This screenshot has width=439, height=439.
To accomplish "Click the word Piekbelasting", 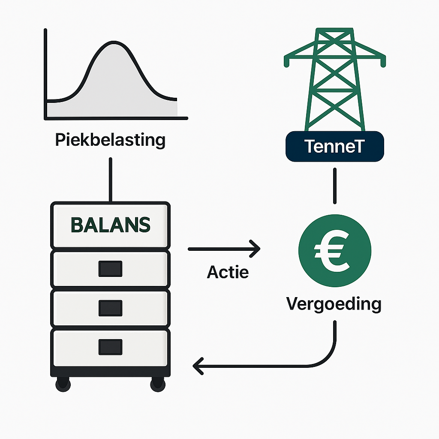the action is coord(110,140).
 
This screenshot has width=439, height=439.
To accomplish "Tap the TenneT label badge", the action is coord(334,147).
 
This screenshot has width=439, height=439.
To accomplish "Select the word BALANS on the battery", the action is coord(111,225).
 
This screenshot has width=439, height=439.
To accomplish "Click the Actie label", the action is coord(228,272).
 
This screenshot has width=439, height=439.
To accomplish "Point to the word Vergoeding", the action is coord(334,304).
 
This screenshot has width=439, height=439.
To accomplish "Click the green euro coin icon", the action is coord(334,250).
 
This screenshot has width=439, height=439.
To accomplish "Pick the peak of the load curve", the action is coord(113,42).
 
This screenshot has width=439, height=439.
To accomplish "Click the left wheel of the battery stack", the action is coord(63,384).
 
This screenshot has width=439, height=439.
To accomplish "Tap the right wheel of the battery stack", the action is coord(158,384).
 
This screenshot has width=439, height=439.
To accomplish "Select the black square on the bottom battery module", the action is coord(110,347).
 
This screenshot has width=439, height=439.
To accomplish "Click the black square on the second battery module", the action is coord(110,269).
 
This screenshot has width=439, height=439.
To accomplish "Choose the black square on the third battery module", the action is coord(110,308).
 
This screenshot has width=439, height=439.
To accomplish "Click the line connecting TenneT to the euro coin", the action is coord(335,186).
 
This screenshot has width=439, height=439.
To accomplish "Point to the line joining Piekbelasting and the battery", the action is coord(111,180).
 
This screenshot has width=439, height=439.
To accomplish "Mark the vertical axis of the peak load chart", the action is coord(45,74).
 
